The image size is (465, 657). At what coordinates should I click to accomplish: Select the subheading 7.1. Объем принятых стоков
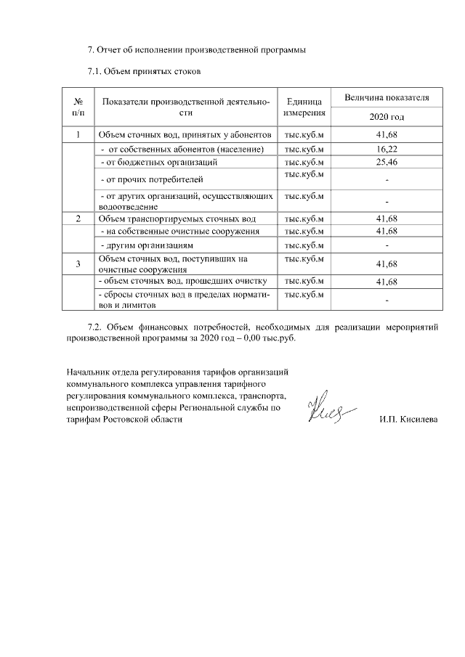click(x=139, y=71)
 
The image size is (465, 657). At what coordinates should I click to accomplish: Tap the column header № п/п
click(x=78, y=107)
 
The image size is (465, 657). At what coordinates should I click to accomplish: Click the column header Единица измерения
click(x=304, y=107)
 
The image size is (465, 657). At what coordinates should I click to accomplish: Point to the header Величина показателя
click(x=387, y=97)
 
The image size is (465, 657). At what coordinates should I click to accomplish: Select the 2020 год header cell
click(x=387, y=117)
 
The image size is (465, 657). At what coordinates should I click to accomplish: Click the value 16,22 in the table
click(x=387, y=149)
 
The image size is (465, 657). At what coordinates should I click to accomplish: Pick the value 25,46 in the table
click(x=387, y=161)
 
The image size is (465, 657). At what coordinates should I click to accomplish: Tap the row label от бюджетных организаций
click(x=158, y=161)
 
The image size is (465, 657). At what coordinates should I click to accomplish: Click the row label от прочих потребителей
click(x=151, y=179)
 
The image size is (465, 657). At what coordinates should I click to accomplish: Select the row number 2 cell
click(x=78, y=219)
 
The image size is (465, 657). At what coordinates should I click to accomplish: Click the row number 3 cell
click(x=78, y=264)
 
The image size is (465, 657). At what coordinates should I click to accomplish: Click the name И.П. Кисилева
click(x=408, y=420)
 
